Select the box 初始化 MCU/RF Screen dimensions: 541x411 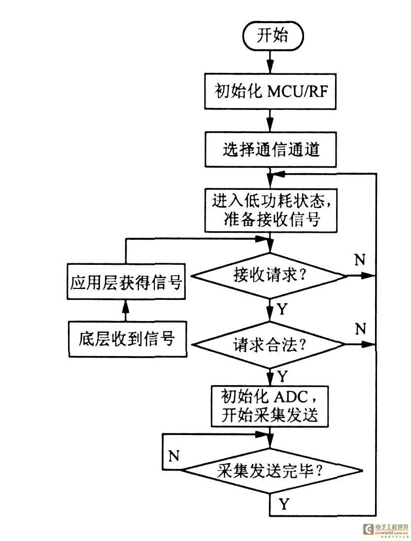(x=271, y=92)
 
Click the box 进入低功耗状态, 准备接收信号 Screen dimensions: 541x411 (x=271, y=210)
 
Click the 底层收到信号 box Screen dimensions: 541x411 (x=127, y=339)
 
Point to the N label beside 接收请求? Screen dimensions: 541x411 (x=360, y=260)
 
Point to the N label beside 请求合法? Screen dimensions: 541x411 (x=360, y=327)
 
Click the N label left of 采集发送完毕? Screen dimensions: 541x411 (x=173, y=456)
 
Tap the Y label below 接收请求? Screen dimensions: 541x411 (x=282, y=309)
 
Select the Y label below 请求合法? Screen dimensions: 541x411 (x=282, y=377)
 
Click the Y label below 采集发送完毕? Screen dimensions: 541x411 (x=284, y=504)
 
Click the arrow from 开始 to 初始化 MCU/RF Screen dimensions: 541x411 (x=270, y=64)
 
